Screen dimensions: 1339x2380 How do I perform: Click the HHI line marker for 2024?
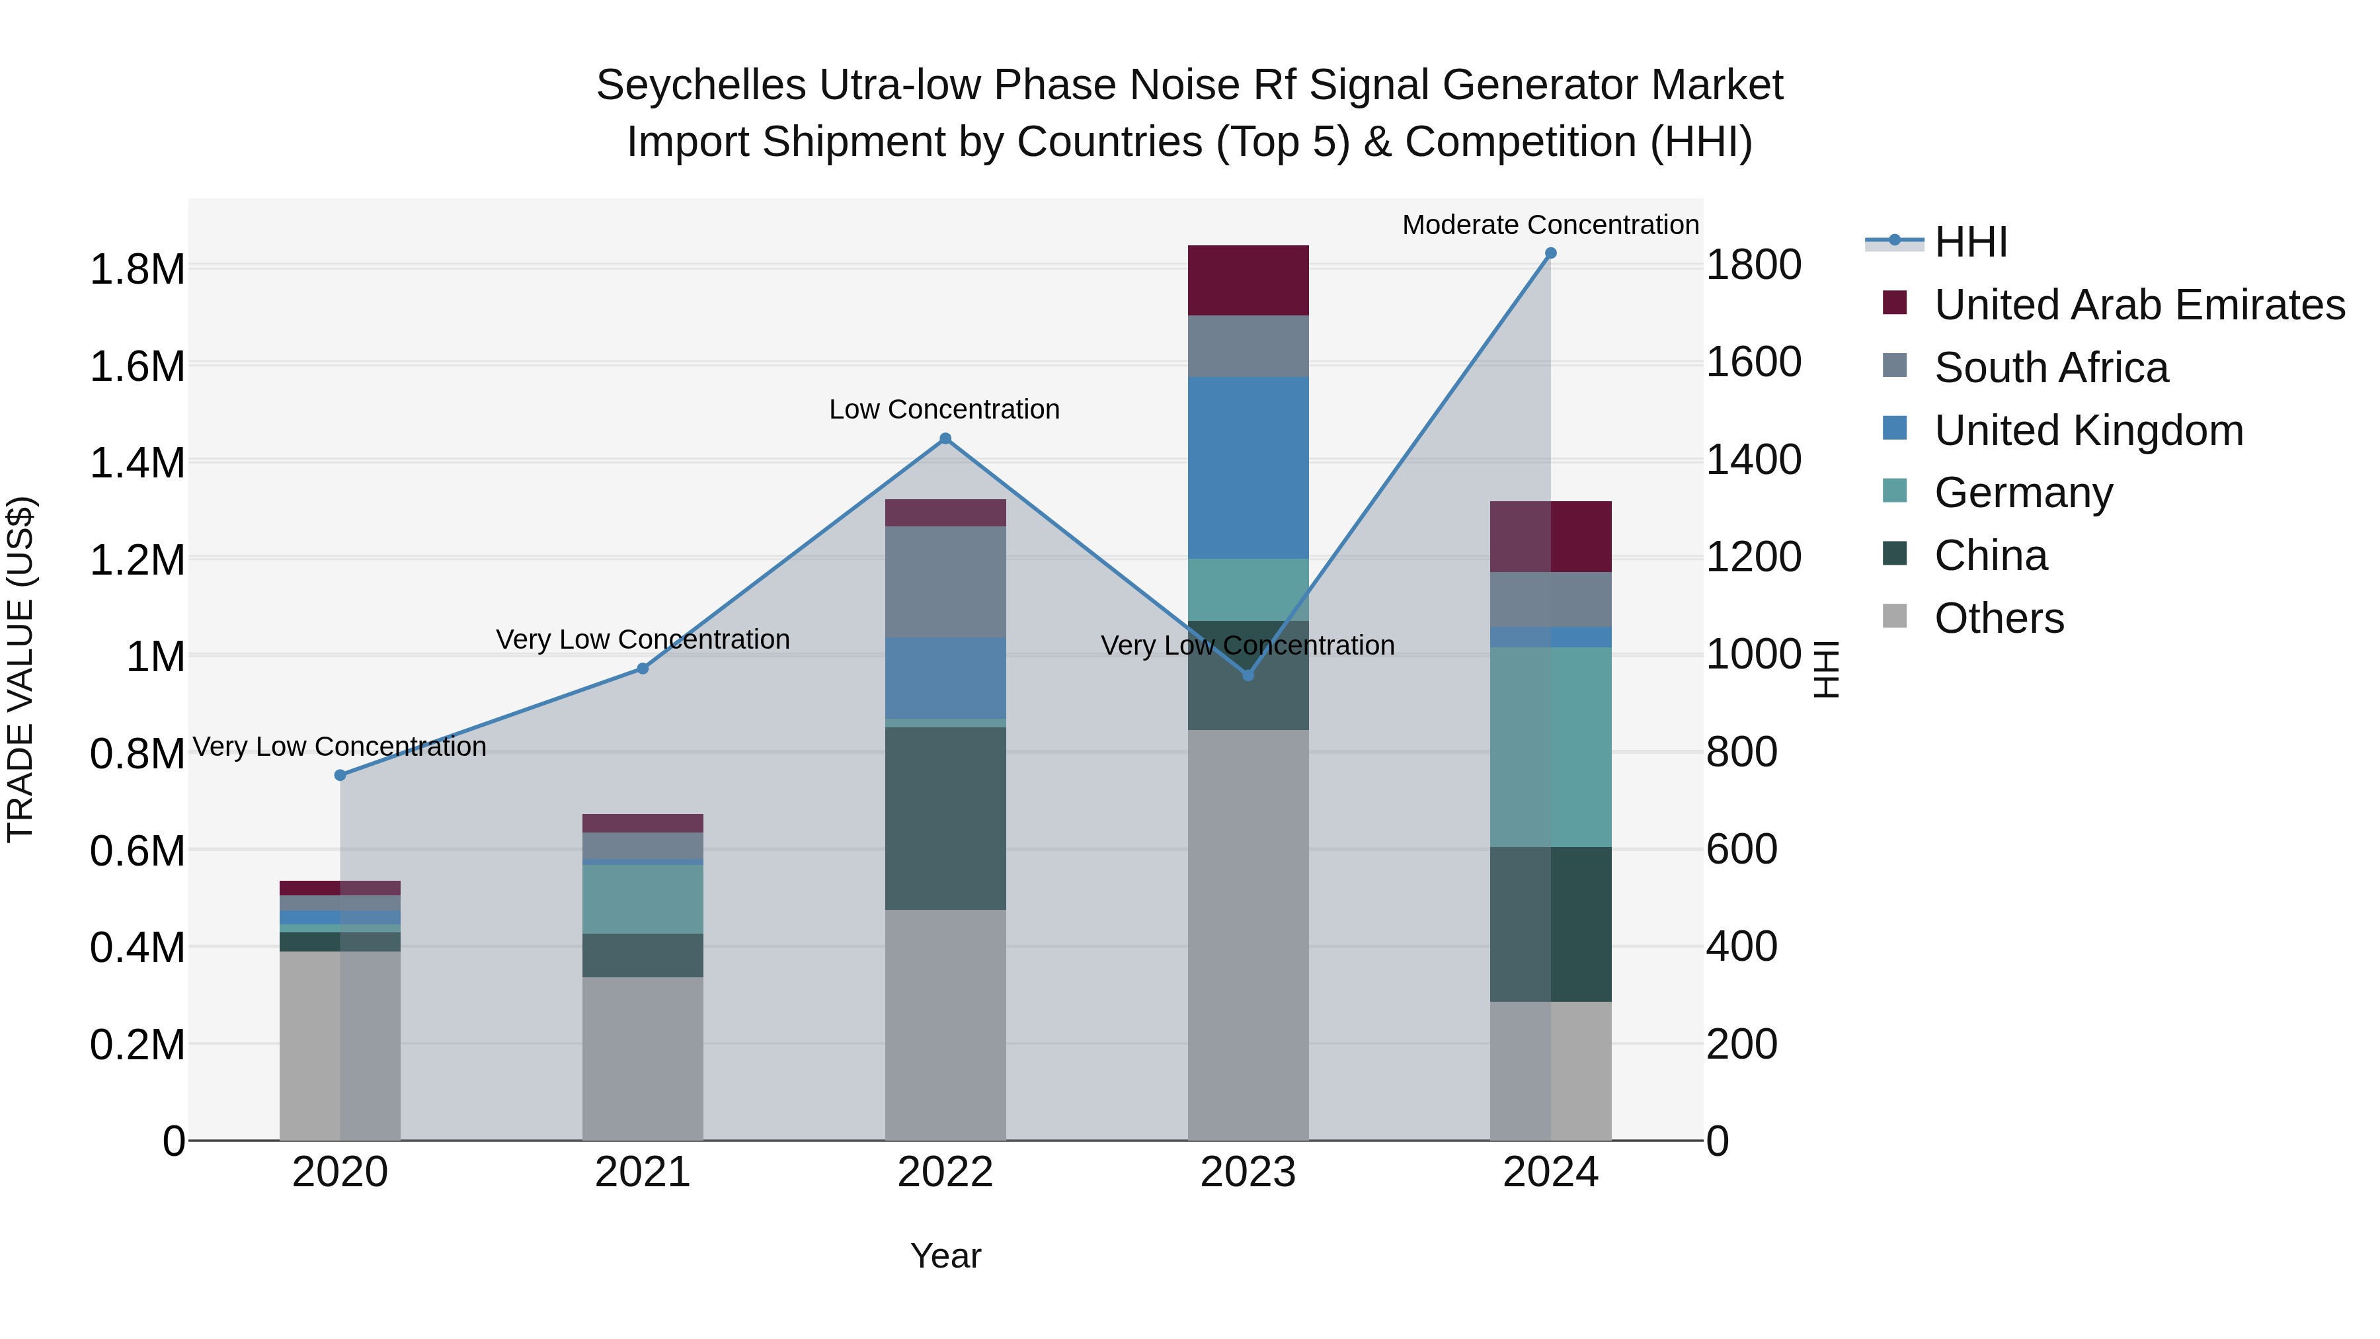point(1550,253)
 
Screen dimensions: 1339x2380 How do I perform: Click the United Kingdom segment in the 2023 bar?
point(1248,467)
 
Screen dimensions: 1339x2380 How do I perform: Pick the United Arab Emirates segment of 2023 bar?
point(1248,280)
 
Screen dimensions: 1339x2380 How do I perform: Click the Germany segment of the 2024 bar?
point(1550,747)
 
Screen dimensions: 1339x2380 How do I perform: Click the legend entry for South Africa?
point(2051,368)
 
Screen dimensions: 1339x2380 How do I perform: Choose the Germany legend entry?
point(2024,493)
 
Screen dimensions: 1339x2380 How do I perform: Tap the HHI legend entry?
point(1971,242)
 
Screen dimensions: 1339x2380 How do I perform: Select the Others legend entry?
point(1999,618)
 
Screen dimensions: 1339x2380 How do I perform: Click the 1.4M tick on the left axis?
point(137,462)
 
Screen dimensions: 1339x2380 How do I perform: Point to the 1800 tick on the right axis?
point(1753,265)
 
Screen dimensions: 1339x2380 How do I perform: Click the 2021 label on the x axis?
point(642,1172)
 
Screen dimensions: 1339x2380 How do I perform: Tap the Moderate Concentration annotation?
point(1550,225)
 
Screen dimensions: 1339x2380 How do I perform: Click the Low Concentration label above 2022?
point(943,409)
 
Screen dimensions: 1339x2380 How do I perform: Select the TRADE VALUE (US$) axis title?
point(20,669)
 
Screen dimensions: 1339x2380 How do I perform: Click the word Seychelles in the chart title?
point(700,85)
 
